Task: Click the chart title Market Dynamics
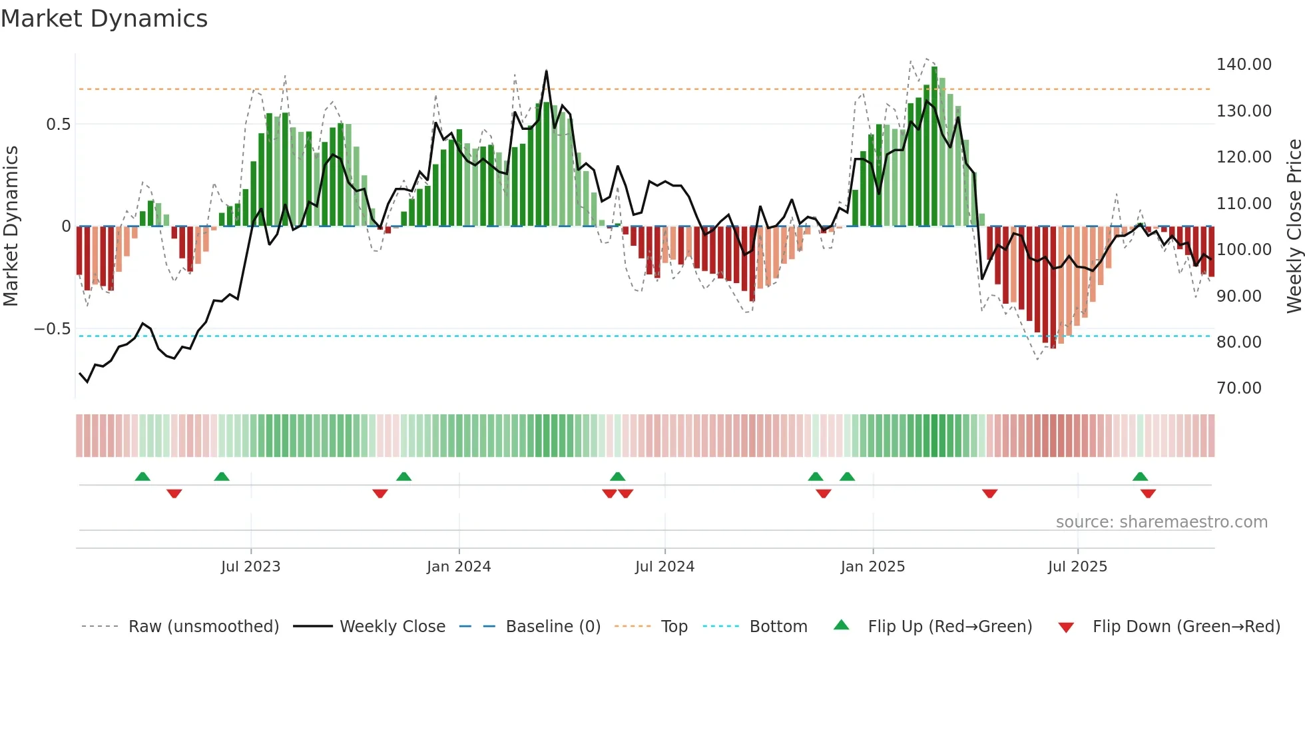coord(104,19)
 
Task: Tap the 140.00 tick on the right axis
coord(1243,65)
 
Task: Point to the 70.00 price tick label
coord(1238,388)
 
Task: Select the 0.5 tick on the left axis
coord(58,125)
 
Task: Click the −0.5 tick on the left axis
coord(52,329)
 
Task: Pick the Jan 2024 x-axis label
coord(458,567)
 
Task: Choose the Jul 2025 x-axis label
coord(1077,567)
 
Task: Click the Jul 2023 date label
coord(250,567)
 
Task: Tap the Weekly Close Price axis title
coord(1294,226)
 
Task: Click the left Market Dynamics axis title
coord(11,226)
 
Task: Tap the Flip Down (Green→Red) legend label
coord(1186,627)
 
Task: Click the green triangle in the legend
coord(842,625)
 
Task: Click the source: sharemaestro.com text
coord(1161,522)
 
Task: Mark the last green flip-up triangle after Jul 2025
coord(1140,477)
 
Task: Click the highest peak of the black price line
coord(546,71)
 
